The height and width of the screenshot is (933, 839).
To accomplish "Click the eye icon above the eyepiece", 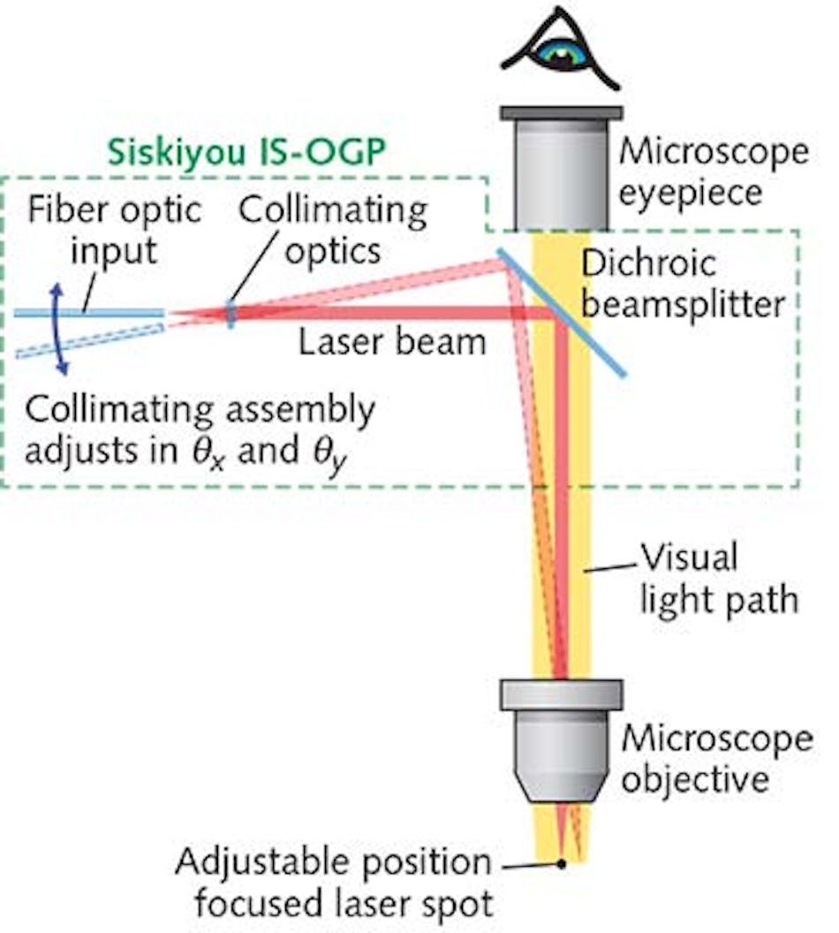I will pos(560,50).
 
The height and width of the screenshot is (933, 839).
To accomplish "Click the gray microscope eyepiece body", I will pos(561,173).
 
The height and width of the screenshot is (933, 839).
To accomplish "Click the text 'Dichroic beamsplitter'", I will pos(684,283).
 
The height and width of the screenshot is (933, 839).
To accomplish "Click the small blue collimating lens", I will pos(231,314).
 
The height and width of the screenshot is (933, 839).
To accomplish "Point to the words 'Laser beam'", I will pos(392,341).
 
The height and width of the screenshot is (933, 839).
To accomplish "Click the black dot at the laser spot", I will pos(561,863).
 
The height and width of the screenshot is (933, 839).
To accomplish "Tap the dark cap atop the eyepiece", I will pos(561,113).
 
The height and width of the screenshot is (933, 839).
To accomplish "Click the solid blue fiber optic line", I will pos(88,312).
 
